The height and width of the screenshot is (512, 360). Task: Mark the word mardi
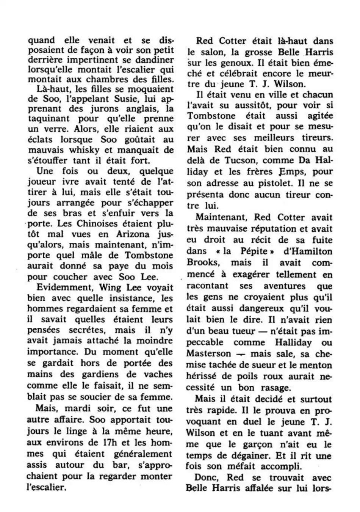point(77,409)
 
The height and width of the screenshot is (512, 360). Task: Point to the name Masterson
point(208,353)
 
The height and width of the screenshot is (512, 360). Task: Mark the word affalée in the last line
point(261,488)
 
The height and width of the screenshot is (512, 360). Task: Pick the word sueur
point(266,365)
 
